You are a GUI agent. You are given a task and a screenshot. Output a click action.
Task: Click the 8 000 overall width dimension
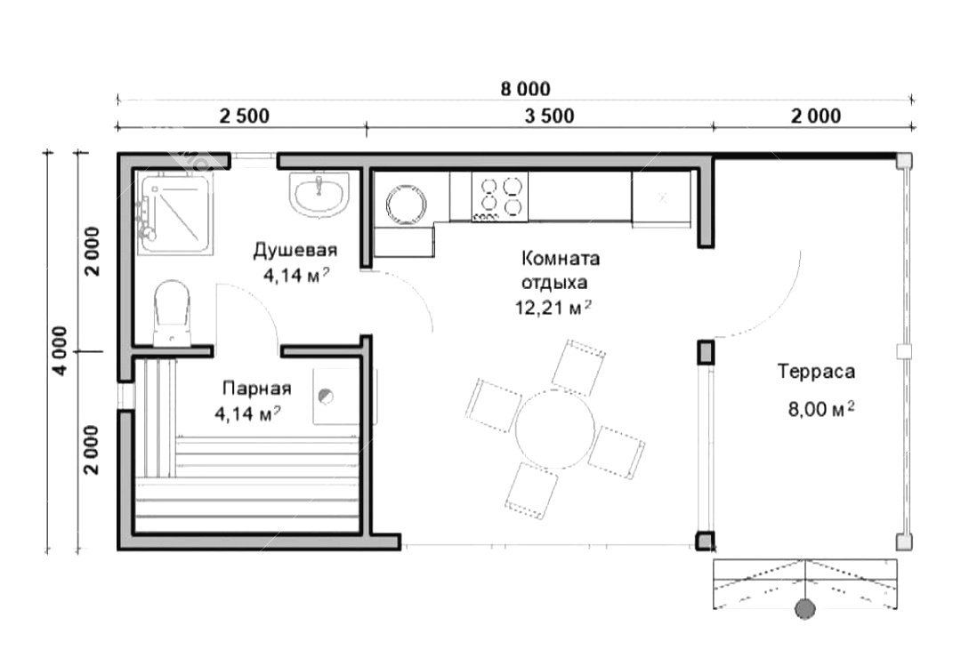coord(525,89)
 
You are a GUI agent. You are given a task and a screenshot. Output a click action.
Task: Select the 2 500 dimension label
coord(245,116)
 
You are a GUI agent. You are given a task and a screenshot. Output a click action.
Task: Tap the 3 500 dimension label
coord(550,116)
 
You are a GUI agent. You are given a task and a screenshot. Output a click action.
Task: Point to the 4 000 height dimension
coord(60,350)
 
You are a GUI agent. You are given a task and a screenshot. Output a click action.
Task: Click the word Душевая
coord(295,250)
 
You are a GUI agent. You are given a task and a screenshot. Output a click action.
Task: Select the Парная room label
coord(257,389)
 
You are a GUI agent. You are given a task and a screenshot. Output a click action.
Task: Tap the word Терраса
coord(816,372)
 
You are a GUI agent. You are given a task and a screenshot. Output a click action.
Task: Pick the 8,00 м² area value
coord(821,409)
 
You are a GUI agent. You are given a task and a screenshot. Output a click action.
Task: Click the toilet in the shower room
coord(173,312)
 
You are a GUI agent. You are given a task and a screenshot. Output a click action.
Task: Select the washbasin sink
coord(319,194)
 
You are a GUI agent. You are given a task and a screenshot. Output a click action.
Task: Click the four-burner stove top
coord(499,197)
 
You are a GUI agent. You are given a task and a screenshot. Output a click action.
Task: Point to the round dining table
coord(554,428)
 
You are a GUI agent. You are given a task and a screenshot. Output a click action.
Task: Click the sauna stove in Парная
coord(335,396)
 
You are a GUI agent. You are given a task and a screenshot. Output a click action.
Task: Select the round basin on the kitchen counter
coord(406,202)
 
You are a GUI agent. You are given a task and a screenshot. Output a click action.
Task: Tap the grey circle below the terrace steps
coord(805,609)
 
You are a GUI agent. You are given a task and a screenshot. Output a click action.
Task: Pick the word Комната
coord(561,259)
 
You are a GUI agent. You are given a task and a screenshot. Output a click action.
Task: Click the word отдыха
coord(554,283)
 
